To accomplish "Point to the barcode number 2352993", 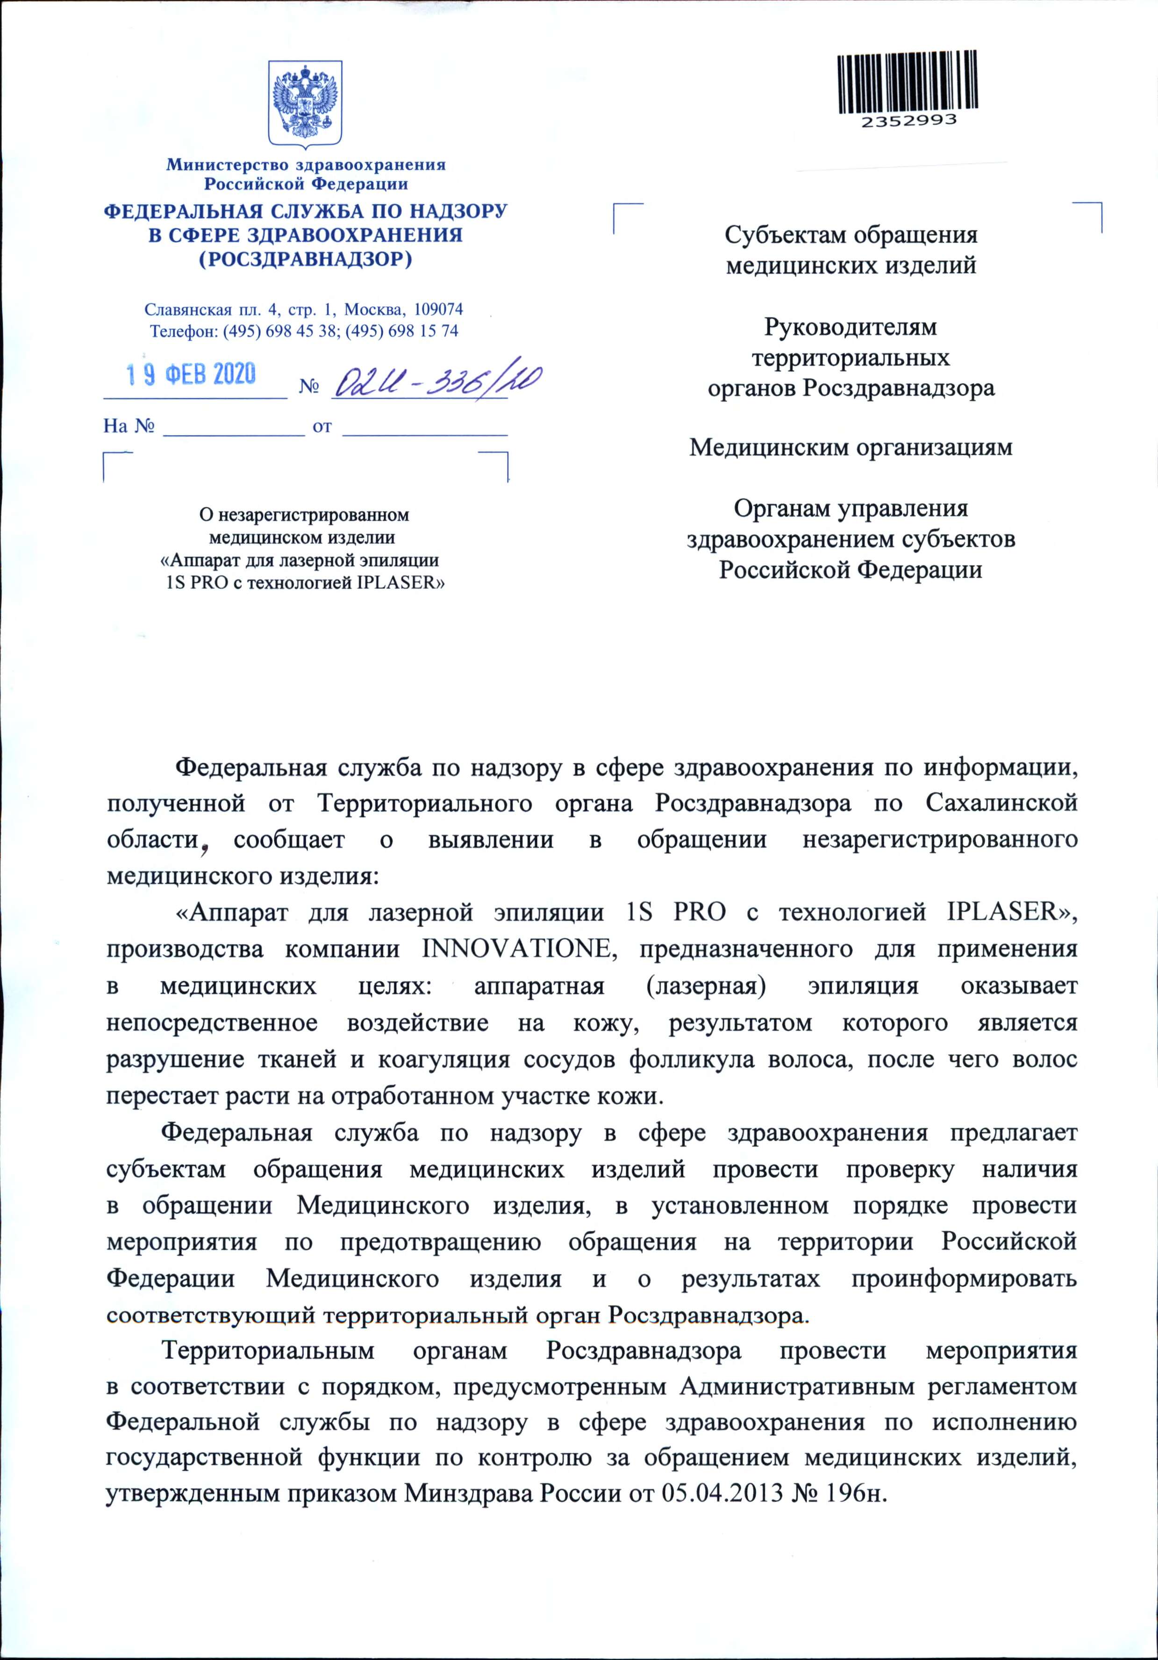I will (908, 121).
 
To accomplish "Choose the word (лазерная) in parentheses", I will (706, 986).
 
